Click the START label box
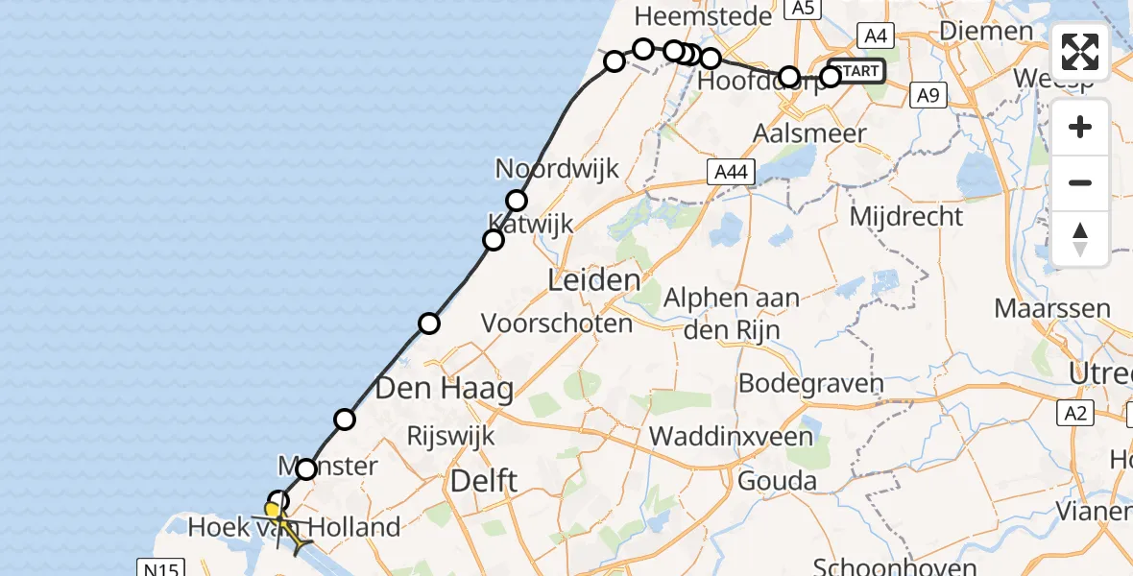(x=856, y=71)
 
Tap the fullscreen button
(x=1080, y=52)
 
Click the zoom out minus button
(x=1080, y=183)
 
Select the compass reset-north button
(x=1080, y=239)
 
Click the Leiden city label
(x=593, y=281)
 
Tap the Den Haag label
(x=444, y=389)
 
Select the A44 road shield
(x=731, y=173)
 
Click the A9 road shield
(x=927, y=95)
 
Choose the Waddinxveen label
(x=732, y=437)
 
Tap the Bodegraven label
(x=810, y=384)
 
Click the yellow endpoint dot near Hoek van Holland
(x=273, y=511)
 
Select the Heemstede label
(x=703, y=16)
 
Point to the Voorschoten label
(x=557, y=323)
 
